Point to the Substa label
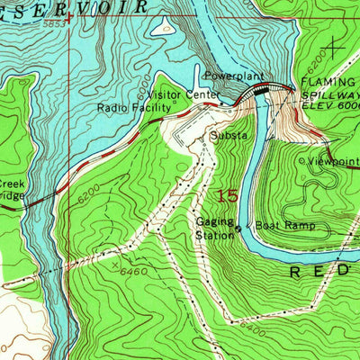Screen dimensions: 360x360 227,136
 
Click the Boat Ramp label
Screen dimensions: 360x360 285,225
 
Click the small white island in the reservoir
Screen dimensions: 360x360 165,28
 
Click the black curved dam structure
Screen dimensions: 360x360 273,88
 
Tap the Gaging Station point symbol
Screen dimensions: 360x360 238,229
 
